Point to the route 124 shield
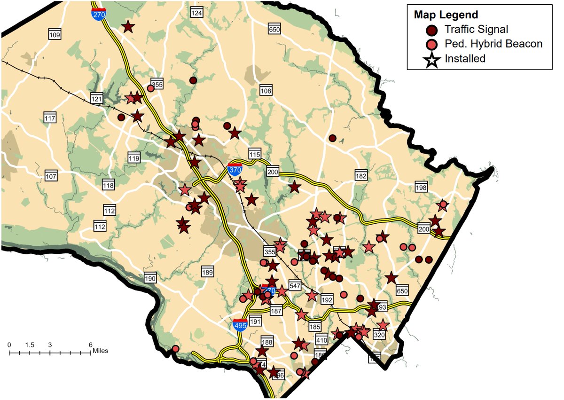click(196, 13)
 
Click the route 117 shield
click(50, 118)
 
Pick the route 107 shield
click(51, 176)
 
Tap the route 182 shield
click(361, 175)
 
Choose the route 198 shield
click(421, 188)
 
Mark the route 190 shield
click(150, 278)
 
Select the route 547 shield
click(295, 285)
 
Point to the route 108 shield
click(266, 90)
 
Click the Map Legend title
click(446, 15)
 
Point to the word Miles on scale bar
click(101, 351)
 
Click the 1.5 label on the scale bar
click(30, 345)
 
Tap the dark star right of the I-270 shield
click(128, 27)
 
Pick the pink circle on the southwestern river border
click(175, 349)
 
